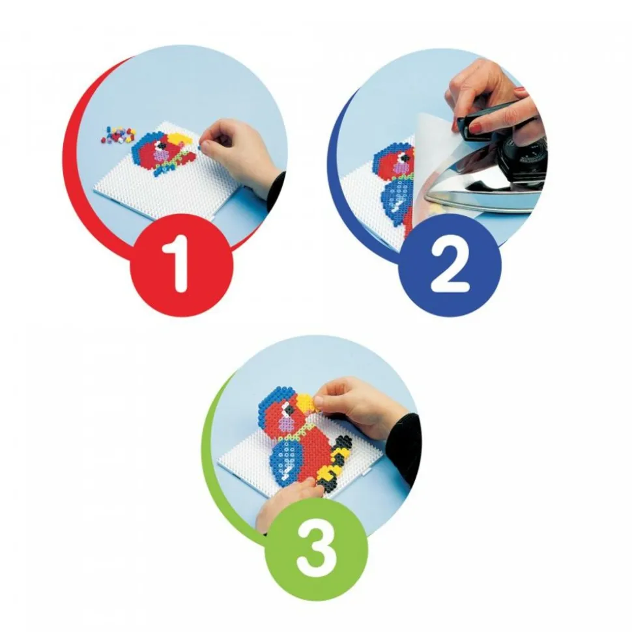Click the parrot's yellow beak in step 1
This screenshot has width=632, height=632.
(x=179, y=139)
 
